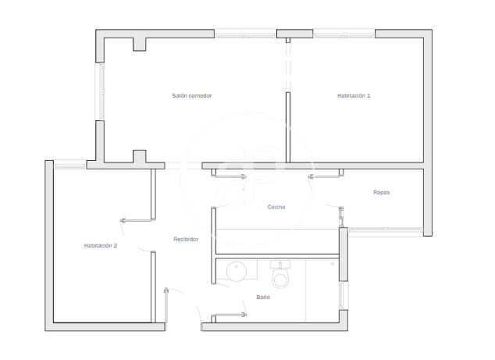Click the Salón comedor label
tap(192, 96)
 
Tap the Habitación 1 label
tap(354, 96)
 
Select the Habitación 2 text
tap(101, 245)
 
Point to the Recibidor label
tap(186, 240)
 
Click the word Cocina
tap(276, 207)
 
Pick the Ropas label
tap(381, 192)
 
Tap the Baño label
tap(263, 298)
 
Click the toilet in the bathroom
tap(280, 274)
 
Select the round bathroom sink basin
tap(237, 271)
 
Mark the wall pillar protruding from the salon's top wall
tap(139, 45)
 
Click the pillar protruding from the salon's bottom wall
tap(139, 156)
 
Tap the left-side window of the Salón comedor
tap(101, 91)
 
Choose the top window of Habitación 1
tap(344, 34)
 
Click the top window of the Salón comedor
tap(246, 34)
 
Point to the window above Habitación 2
tap(70, 165)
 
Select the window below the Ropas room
tap(385, 231)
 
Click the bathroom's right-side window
tap(344, 296)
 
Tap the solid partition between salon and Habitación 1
tap(288, 127)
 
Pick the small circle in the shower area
tap(332, 264)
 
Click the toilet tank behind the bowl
tap(280, 264)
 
